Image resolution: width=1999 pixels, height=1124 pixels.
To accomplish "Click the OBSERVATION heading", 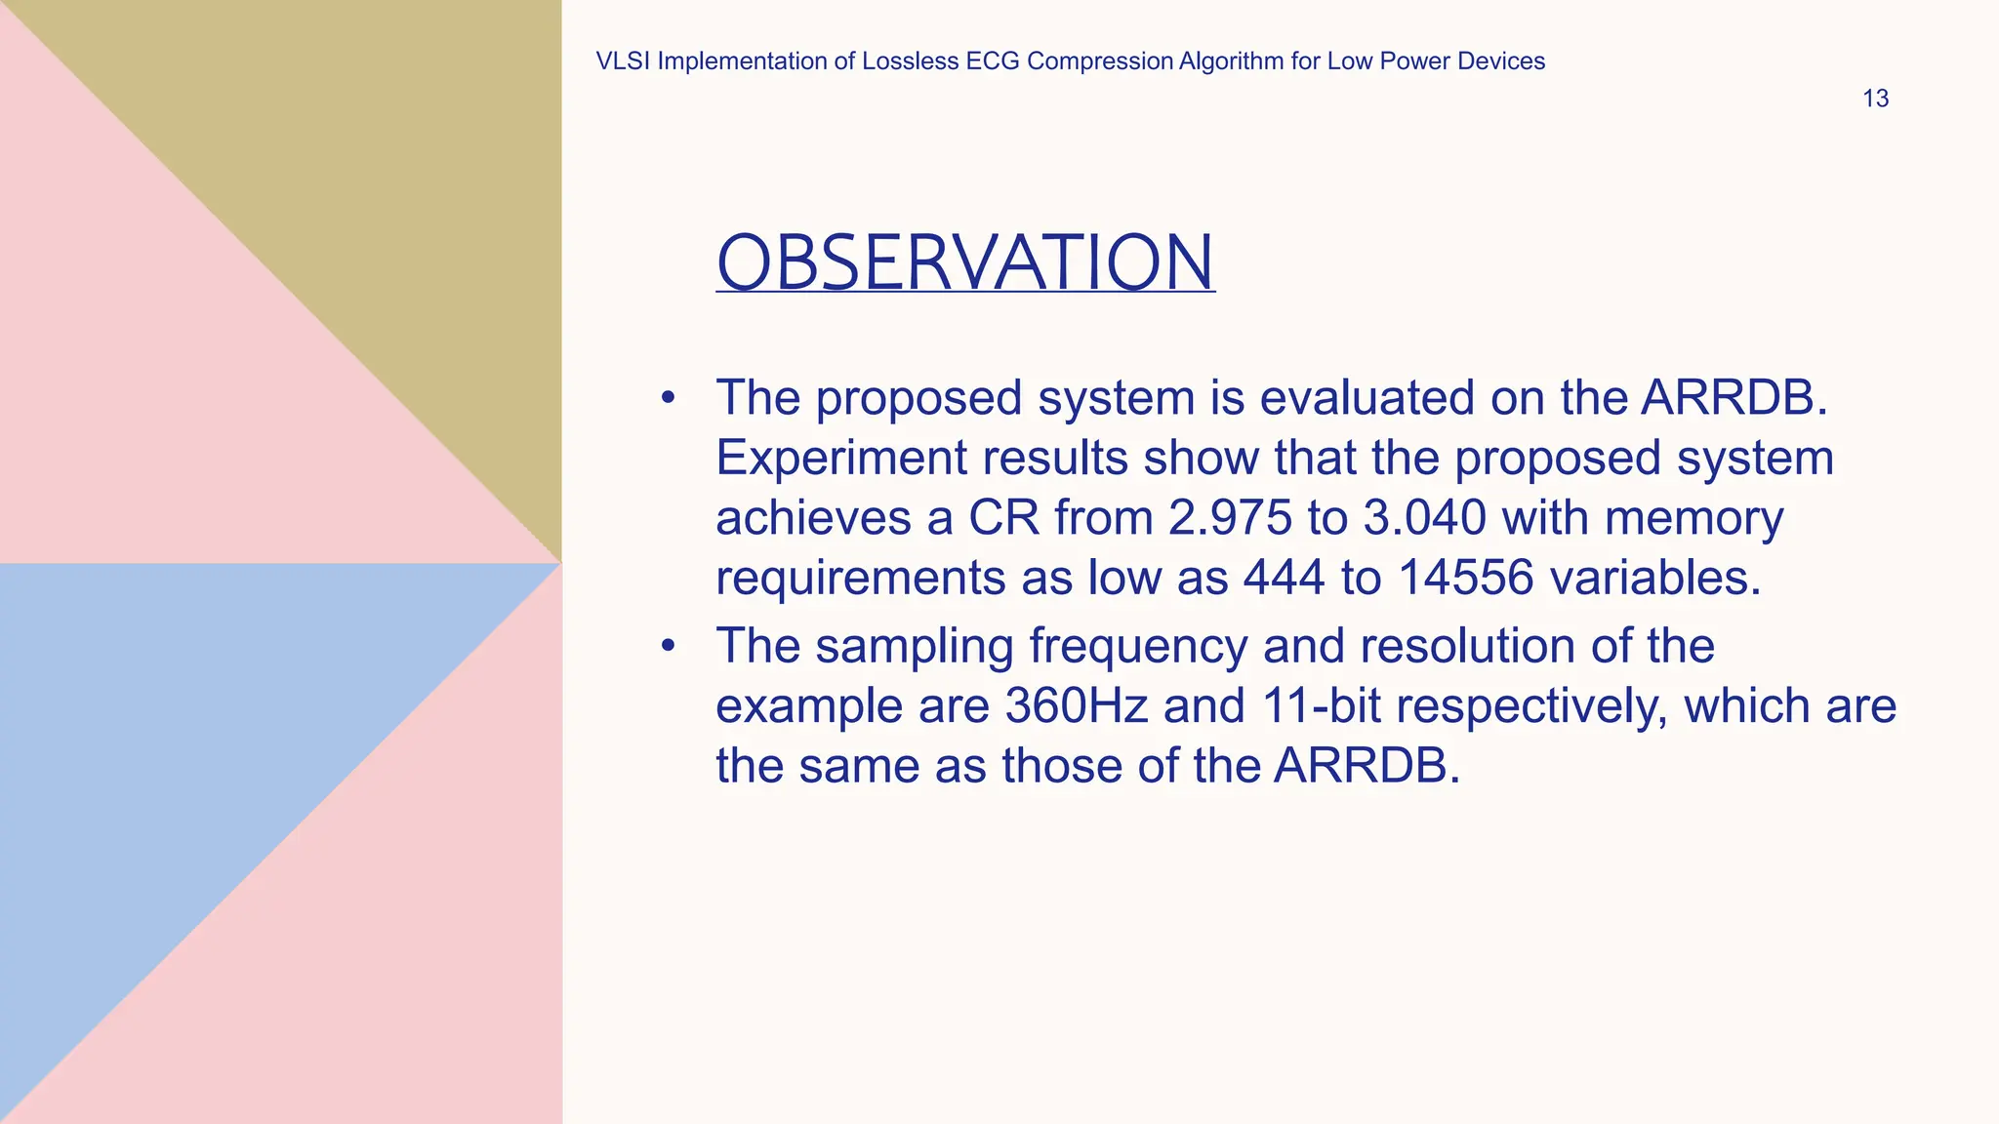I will (965, 262).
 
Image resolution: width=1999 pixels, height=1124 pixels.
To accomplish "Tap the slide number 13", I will (1875, 99).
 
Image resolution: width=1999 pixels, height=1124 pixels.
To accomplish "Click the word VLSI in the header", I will (623, 61).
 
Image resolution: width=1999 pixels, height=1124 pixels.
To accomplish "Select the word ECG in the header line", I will (993, 61).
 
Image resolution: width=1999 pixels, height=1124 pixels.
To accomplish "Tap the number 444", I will (1284, 578).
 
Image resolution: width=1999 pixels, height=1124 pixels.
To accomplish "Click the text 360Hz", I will (1077, 705).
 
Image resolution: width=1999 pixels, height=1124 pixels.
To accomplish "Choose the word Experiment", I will (841, 458).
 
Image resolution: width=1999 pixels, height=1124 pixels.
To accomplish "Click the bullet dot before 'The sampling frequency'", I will (668, 646).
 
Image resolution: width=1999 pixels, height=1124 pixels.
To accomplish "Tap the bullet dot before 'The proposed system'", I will (668, 398).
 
